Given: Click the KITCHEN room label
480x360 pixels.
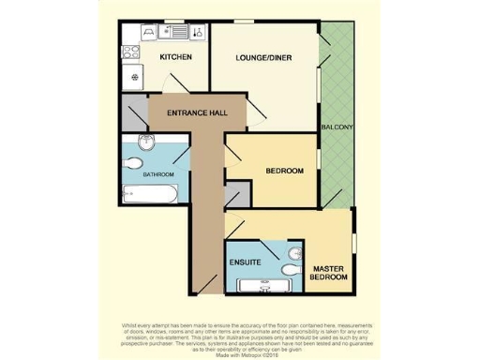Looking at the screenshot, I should (176, 58).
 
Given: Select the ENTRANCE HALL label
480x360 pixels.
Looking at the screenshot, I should (197, 113).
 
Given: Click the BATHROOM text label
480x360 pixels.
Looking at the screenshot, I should (158, 174).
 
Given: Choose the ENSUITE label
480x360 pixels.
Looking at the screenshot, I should (246, 262).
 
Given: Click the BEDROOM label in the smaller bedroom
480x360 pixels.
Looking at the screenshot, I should (285, 171).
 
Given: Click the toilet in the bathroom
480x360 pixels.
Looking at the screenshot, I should (144, 142).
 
